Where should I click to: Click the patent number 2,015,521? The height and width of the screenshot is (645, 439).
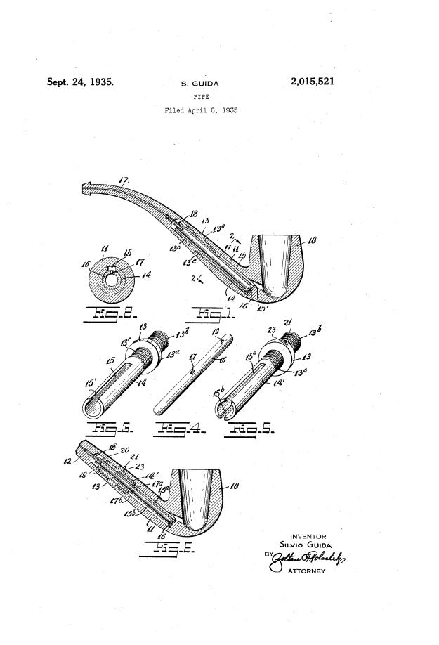311,82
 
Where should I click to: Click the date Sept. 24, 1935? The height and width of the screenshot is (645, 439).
81,82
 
